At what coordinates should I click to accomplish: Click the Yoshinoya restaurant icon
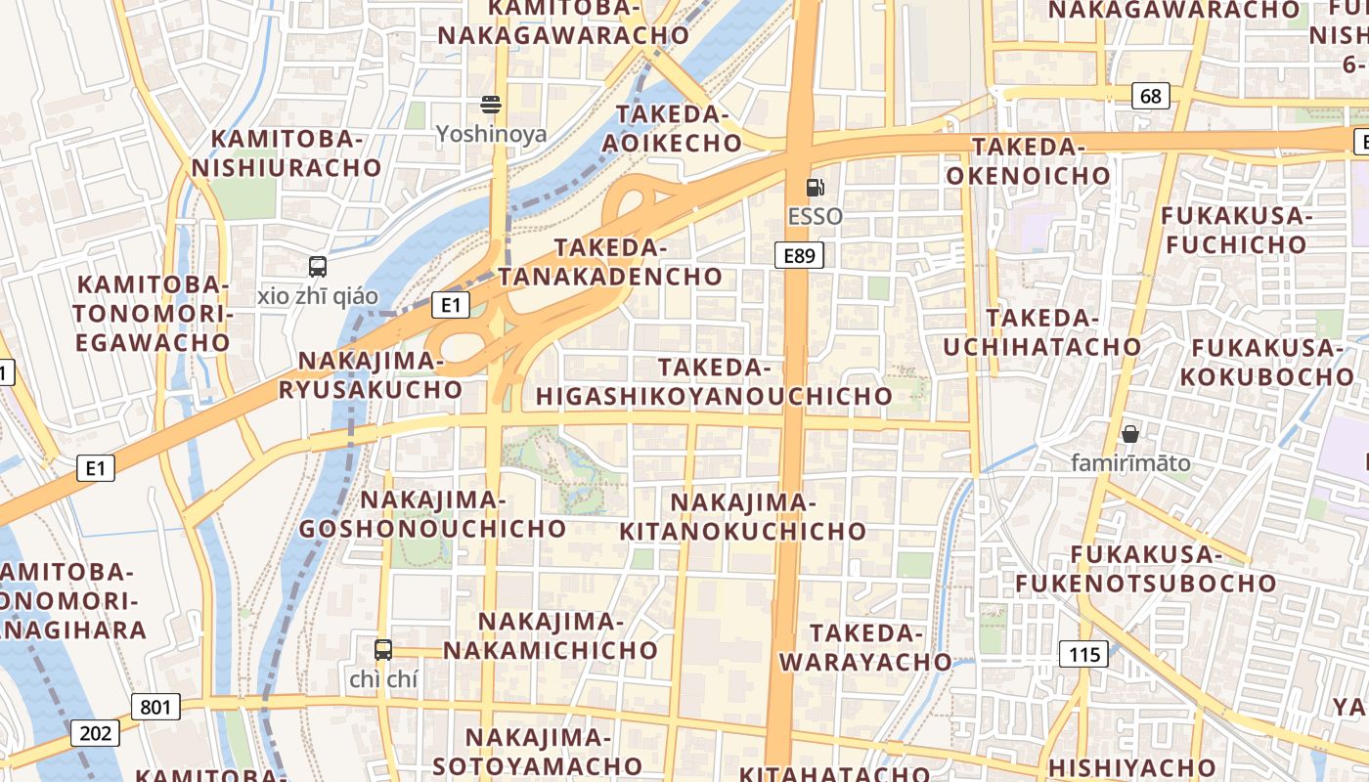click(491, 105)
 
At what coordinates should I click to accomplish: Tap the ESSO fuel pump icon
click(815, 187)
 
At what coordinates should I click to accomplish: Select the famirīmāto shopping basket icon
click(1130, 433)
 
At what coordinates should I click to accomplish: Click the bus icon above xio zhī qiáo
click(318, 266)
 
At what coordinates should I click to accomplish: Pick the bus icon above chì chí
click(383, 649)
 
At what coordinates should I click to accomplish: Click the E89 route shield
click(799, 256)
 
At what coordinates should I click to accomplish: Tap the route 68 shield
click(1151, 95)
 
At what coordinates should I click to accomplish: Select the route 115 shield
click(1084, 654)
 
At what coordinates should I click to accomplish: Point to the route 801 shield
click(155, 706)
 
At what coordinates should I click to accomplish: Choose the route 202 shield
click(94, 732)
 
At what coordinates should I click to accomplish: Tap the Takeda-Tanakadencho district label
click(610, 262)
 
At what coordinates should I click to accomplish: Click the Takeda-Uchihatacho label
click(1042, 332)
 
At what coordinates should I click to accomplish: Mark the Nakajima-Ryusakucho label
click(371, 374)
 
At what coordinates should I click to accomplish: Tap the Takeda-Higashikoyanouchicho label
click(714, 381)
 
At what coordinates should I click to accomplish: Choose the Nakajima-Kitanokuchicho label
click(743, 516)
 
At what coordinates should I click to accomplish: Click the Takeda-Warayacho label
click(865, 647)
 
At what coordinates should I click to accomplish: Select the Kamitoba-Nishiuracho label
click(287, 153)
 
